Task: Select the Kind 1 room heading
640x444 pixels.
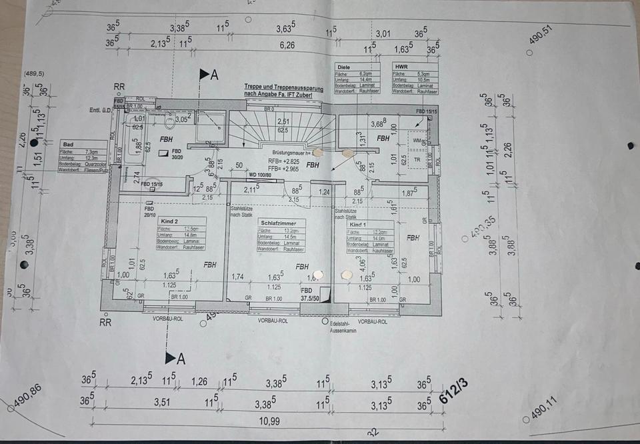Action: [358, 225]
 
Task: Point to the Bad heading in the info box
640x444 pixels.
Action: [68, 145]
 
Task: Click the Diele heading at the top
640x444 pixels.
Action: [344, 67]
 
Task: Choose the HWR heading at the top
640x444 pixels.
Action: [401, 67]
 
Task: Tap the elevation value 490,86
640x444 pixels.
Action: [27, 397]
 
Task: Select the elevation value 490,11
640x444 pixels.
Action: [545, 410]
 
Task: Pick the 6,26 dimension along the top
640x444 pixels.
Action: [287, 45]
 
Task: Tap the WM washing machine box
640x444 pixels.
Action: [418, 141]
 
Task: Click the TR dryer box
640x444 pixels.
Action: [418, 160]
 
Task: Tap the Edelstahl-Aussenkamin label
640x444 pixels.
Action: [345, 326]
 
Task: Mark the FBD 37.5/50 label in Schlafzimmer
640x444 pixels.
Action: [308, 294]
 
